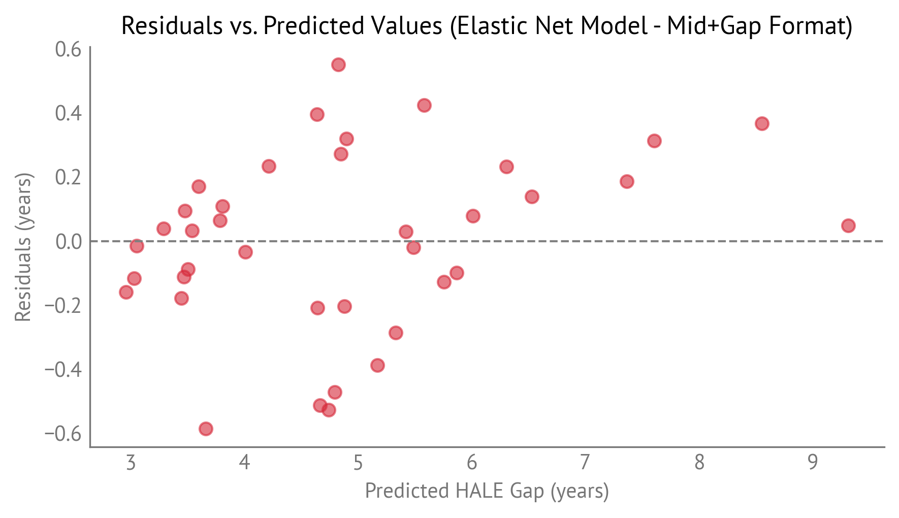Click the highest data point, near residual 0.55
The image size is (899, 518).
(338, 64)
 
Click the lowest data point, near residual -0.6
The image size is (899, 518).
(206, 429)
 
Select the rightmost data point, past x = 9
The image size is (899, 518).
(848, 225)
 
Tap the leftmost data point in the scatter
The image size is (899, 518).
(126, 292)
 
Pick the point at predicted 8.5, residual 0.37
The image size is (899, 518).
(762, 123)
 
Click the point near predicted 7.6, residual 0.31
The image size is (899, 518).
(654, 141)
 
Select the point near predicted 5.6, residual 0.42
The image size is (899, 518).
(424, 105)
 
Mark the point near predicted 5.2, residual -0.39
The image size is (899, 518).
(377, 365)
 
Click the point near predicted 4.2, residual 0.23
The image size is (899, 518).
(269, 166)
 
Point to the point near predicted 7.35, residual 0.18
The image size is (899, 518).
(627, 181)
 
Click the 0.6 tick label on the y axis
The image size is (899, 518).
(68, 50)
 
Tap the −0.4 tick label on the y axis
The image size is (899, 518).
(63, 369)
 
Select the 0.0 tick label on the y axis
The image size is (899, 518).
(68, 241)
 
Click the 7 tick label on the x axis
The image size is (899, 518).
(585, 463)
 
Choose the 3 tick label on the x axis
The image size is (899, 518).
(131, 463)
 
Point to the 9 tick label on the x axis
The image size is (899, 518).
(813, 463)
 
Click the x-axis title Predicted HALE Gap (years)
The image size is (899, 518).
(487, 491)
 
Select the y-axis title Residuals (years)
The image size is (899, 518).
(23, 247)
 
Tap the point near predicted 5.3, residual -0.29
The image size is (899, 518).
(396, 333)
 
